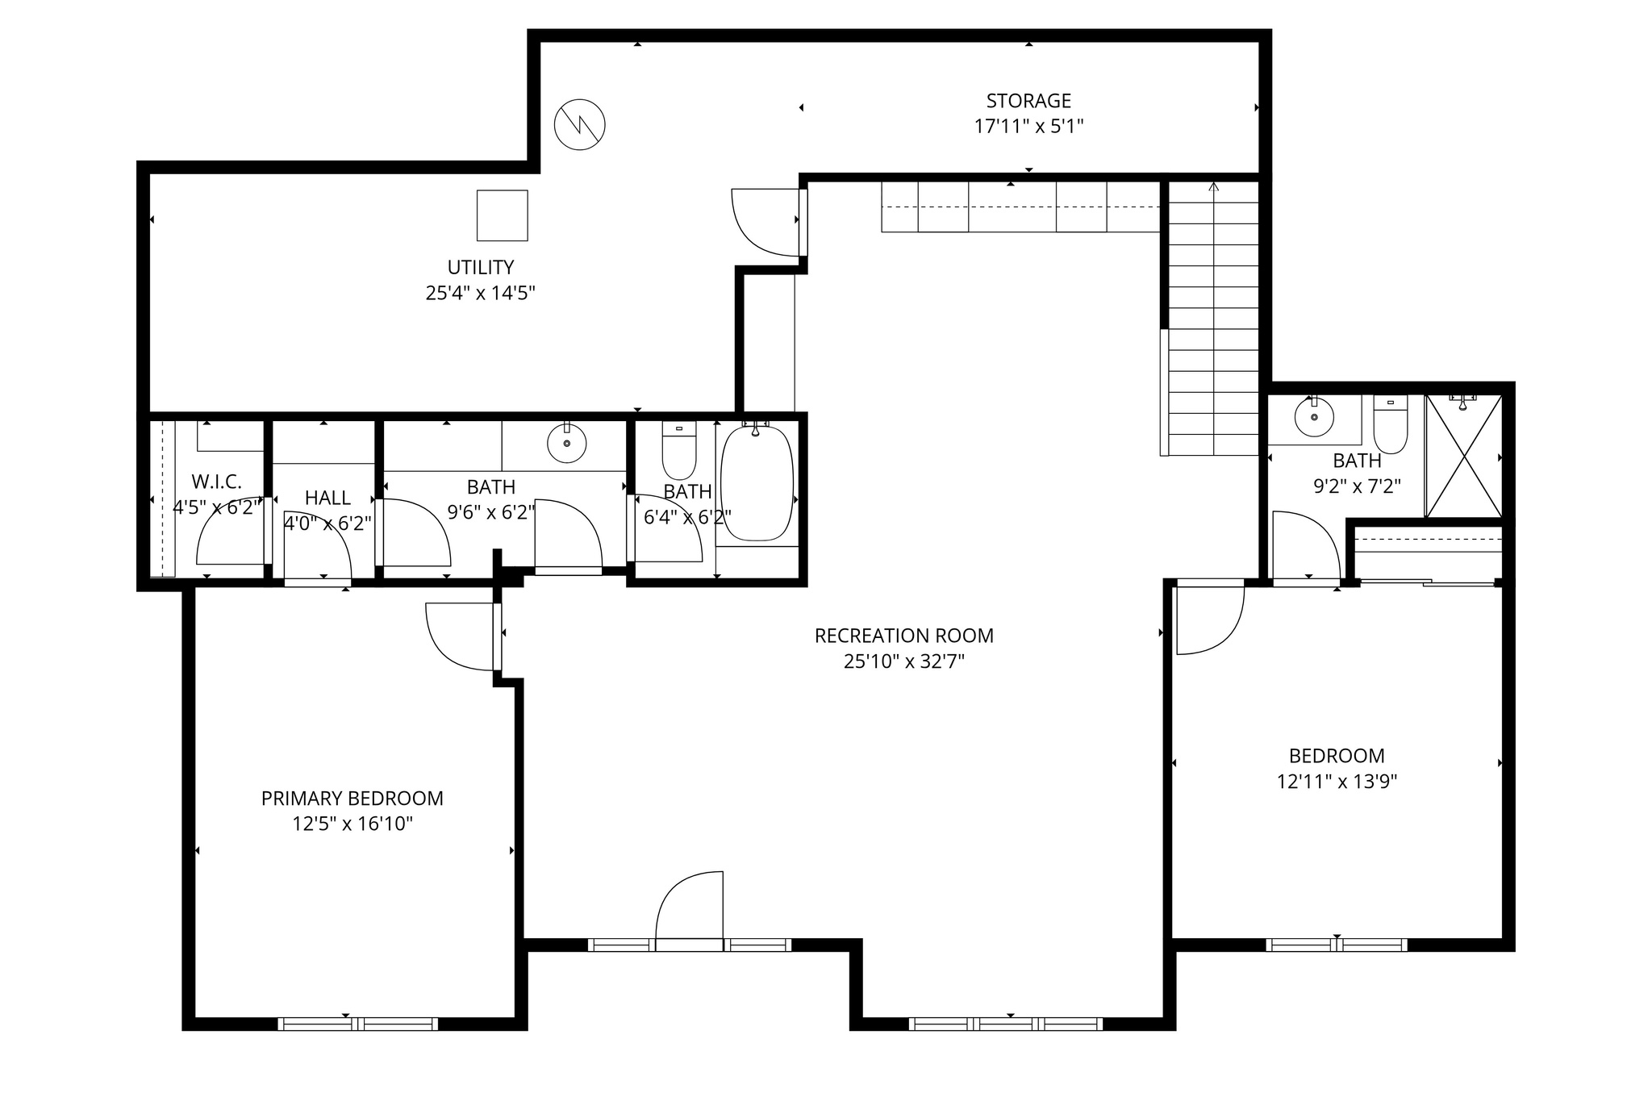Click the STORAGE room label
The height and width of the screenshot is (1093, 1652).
pyautogui.click(x=1028, y=101)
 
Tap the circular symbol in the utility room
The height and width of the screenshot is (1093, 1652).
pyautogui.click(x=579, y=125)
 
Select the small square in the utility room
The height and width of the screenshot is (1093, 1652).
pyautogui.click(x=502, y=215)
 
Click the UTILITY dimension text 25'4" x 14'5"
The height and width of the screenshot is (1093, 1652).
pyautogui.click(x=481, y=293)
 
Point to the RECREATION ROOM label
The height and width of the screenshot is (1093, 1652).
pyautogui.click(x=903, y=636)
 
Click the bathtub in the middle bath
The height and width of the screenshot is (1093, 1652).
pyautogui.click(x=756, y=484)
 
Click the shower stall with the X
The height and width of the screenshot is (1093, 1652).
pyautogui.click(x=1463, y=457)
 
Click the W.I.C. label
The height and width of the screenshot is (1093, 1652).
pyautogui.click(x=216, y=482)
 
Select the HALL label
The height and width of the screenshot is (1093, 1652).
pyautogui.click(x=327, y=499)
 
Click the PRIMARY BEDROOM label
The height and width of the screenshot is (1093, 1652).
pyautogui.click(x=352, y=799)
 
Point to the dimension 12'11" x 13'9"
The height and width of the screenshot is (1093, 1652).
pyautogui.click(x=1337, y=782)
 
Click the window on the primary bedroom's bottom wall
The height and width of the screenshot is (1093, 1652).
pyautogui.click(x=358, y=1024)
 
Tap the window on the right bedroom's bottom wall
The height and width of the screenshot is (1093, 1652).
pyautogui.click(x=1336, y=945)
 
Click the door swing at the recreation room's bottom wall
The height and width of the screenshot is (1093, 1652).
pyautogui.click(x=690, y=907)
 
